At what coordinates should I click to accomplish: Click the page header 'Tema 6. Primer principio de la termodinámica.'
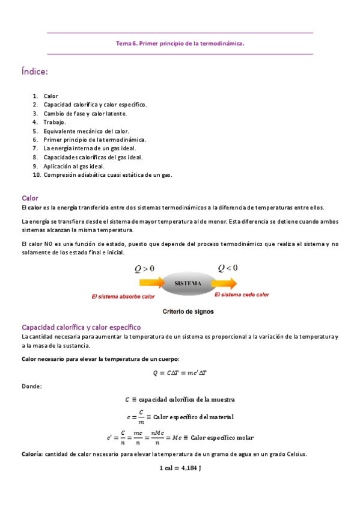(180, 43)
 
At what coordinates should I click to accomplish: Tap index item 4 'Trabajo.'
(55, 122)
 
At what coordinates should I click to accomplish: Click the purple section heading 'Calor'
(29, 197)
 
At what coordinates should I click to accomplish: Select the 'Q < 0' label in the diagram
(227, 267)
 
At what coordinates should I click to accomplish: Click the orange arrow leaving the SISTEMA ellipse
(232, 281)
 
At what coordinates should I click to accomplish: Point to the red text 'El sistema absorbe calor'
(123, 296)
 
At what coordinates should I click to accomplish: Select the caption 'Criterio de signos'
(189, 312)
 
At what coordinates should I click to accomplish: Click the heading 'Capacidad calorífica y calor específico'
(81, 327)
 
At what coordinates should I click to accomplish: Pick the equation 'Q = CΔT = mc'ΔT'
(180, 373)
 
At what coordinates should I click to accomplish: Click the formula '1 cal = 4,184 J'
(180, 468)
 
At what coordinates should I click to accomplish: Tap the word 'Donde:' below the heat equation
(31, 386)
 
